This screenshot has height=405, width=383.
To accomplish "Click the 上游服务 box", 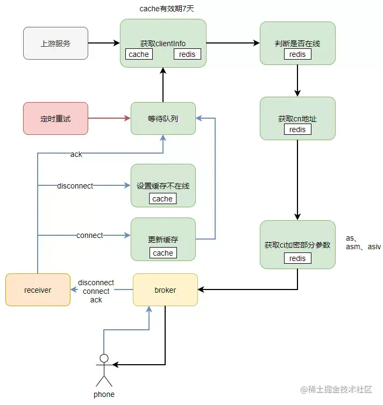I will [55, 43].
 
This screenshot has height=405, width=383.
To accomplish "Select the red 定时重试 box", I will [55, 118].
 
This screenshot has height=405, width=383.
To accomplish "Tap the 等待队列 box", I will [163, 118].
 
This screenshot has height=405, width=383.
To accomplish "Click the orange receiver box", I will [38, 290].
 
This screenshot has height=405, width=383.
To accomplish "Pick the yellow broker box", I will [165, 290].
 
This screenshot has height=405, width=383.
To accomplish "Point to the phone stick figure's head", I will [104, 358].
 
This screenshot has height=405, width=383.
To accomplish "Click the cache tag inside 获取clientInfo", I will [139, 54].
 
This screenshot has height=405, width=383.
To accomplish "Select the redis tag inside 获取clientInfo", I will [187, 54].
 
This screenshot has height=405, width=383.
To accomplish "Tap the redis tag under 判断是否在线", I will [297, 54].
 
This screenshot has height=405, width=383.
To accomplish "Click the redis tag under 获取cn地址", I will [297, 129].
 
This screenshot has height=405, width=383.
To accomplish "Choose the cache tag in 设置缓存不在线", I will [162, 199].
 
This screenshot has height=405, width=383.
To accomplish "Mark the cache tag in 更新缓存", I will [163, 253].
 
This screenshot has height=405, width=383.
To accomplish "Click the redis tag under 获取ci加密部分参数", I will [297, 258].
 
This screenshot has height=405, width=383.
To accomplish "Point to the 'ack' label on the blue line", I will [76, 154].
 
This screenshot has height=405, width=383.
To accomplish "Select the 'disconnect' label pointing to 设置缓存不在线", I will [75, 186].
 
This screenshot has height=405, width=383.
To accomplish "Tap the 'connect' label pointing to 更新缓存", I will [90, 235].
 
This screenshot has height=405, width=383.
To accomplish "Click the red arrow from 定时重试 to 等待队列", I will [109, 118].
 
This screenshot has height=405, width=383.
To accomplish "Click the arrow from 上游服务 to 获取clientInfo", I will [104, 43].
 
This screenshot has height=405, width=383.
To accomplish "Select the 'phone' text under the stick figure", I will [104, 394].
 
